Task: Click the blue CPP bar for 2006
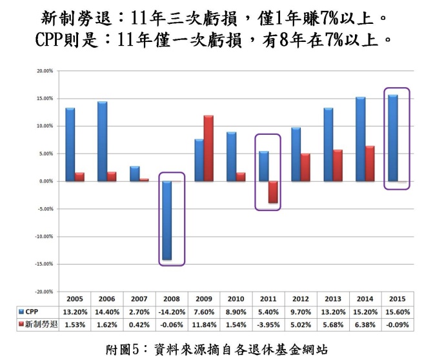pos(103,141)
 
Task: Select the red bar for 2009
pos(208,148)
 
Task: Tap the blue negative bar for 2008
pos(166,220)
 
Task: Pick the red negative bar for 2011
pos(273,192)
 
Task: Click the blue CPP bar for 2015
pos(392,138)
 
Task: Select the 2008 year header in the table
pos(171,300)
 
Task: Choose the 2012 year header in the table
pos(301,300)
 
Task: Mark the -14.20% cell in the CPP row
pos(171,312)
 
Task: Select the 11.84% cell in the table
pos(203,325)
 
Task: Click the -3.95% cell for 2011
pos(268,325)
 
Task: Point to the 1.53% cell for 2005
pos(74,325)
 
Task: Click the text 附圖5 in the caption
pos(122,350)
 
